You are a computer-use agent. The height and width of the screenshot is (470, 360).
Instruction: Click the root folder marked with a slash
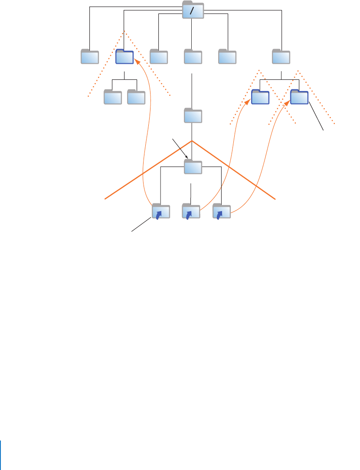click(x=193, y=10)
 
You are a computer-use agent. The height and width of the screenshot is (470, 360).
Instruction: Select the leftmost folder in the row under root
click(x=90, y=57)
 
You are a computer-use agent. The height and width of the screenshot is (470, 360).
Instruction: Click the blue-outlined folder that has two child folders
click(x=124, y=57)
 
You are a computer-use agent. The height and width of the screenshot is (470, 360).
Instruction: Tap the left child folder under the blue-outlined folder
click(x=113, y=98)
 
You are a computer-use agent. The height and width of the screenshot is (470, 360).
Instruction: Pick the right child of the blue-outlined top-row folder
click(x=136, y=98)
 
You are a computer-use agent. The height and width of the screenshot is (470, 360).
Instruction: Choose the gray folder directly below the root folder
click(x=193, y=57)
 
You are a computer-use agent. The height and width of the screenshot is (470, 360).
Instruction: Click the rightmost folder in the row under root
click(x=281, y=57)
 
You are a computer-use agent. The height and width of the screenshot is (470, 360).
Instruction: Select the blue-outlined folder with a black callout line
click(x=299, y=97)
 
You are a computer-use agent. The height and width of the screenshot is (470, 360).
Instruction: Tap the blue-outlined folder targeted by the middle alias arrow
click(x=261, y=97)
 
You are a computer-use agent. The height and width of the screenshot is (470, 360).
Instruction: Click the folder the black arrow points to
click(x=193, y=167)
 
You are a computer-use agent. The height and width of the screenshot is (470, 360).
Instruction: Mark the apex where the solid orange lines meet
click(x=191, y=141)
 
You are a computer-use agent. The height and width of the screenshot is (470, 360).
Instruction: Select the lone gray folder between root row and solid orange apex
click(x=193, y=116)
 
